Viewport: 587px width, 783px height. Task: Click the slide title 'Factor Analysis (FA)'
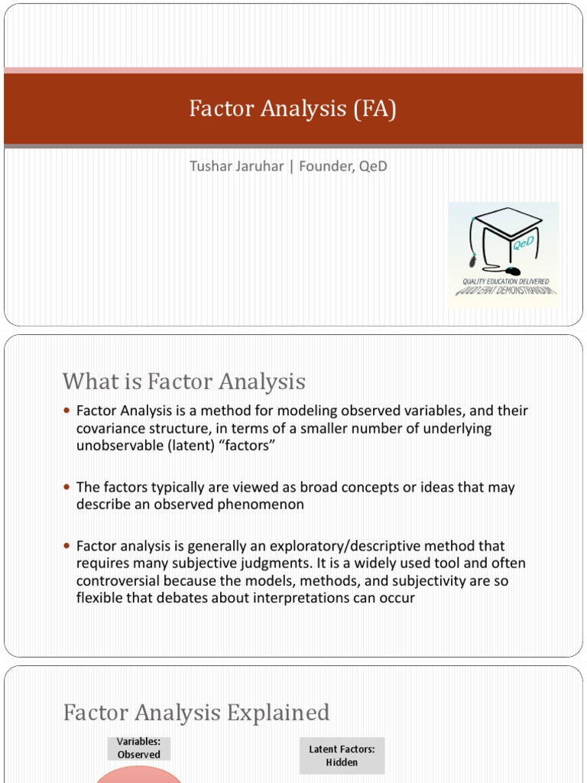point(293,109)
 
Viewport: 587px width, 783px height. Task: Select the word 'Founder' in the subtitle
point(324,166)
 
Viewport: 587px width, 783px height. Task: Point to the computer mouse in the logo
point(512,271)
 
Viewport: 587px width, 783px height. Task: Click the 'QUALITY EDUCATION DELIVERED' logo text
point(504,282)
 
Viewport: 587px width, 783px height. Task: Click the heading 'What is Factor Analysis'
point(183,381)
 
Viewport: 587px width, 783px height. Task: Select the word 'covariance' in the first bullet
point(111,428)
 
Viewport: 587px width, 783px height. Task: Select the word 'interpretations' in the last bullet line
point(301,598)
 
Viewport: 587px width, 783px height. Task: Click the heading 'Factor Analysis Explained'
point(196,713)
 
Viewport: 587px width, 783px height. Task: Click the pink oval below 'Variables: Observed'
point(138,776)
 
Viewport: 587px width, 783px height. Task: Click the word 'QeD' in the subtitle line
point(374,166)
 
